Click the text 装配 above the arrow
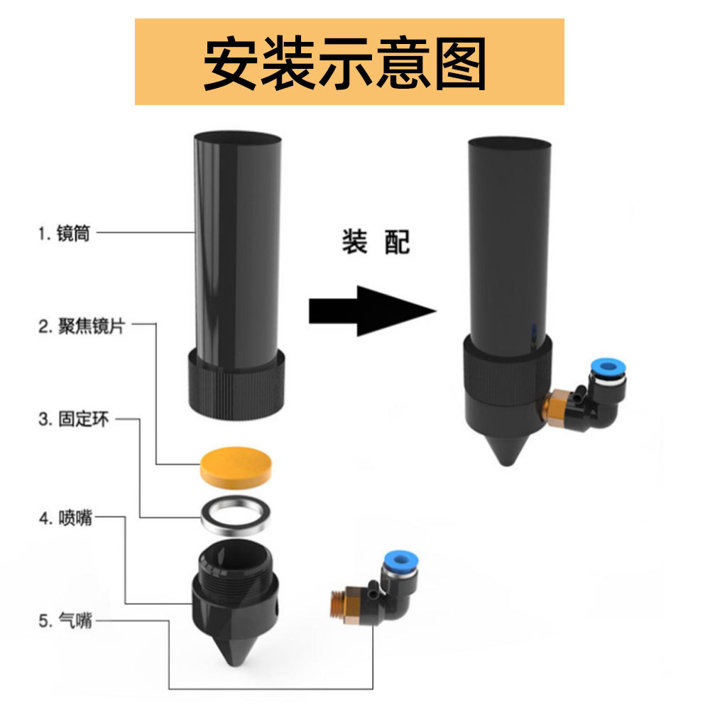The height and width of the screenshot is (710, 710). click(376, 242)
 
